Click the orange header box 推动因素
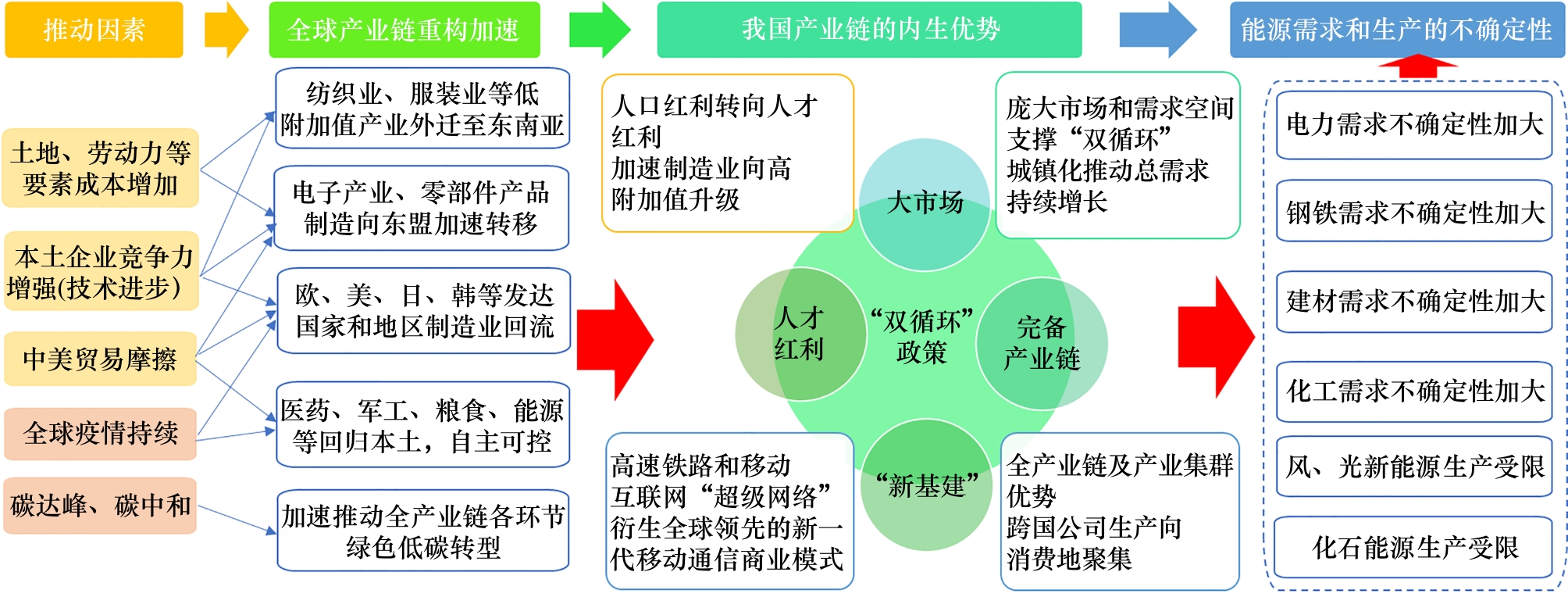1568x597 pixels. pyautogui.click(x=94, y=30)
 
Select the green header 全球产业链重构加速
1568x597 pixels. pyautogui.click(x=404, y=30)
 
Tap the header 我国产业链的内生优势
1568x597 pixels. pyautogui.click(x=869, y=30)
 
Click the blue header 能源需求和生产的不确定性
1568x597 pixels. pyautogui.click(x=1396, y=30)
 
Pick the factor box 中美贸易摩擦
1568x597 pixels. pyautogui.click(x=100, y=359)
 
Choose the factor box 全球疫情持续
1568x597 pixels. pyautogui.click(x=100, y=433)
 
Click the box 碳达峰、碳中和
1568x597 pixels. pyautogui.click(x=100, y=506)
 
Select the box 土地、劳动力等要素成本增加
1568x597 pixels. pyautogui.click(x=100, y=168)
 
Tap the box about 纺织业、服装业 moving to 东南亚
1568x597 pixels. pyautogui.click(x=422, y=109)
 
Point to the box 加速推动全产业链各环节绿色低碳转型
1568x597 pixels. pyautogui.click(x=422, y=531)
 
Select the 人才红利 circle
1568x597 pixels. pyautogui.click(x=799, y=334)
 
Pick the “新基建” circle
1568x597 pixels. pyautogui.click(x=926, y=485)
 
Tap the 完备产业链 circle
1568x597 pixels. pyautogui.click(x=1042, y=343)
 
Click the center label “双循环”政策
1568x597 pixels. pyautogui.click(x=921, y=336)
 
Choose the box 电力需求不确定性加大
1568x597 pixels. pyautogui.click(x=1414, y=125)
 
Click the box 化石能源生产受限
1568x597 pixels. pyautogui.click(x=1414, y=548)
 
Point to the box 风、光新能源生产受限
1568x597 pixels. pyautogui.click(x=1414, y=467)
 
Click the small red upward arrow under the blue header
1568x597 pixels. pyautogui.click(x=1417, y=66)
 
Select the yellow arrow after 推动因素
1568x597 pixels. pyautogui.click(x=226, y=30)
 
